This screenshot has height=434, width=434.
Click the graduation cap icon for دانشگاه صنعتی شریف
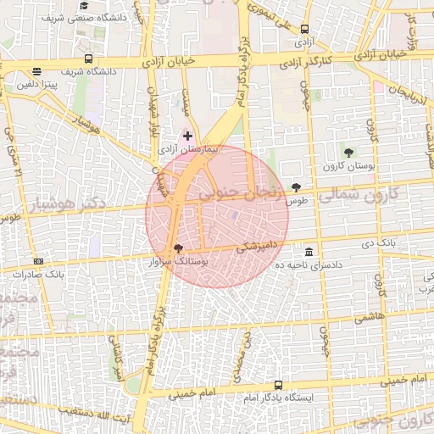pyautogui.click(x=85, y=5)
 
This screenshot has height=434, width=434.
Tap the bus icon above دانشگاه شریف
pyautogui.click(x=89, y=59)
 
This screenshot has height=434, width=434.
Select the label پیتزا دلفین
pyautogui.click(x=40, y=86)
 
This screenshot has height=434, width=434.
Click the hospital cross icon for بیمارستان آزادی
pyautogui.click(x=187, y=136)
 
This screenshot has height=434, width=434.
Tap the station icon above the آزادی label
pyautogui.click(x=304, y=28)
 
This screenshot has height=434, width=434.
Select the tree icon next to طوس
pyautogui.click(x=296, y=187)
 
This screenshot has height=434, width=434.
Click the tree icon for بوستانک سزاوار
pyautogui.click(x=177, y=248)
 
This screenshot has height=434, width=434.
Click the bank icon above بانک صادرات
pyautogui.click(x=38, y=261)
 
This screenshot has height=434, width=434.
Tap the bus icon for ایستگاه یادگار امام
pyautogui.click(x=279, y=385)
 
